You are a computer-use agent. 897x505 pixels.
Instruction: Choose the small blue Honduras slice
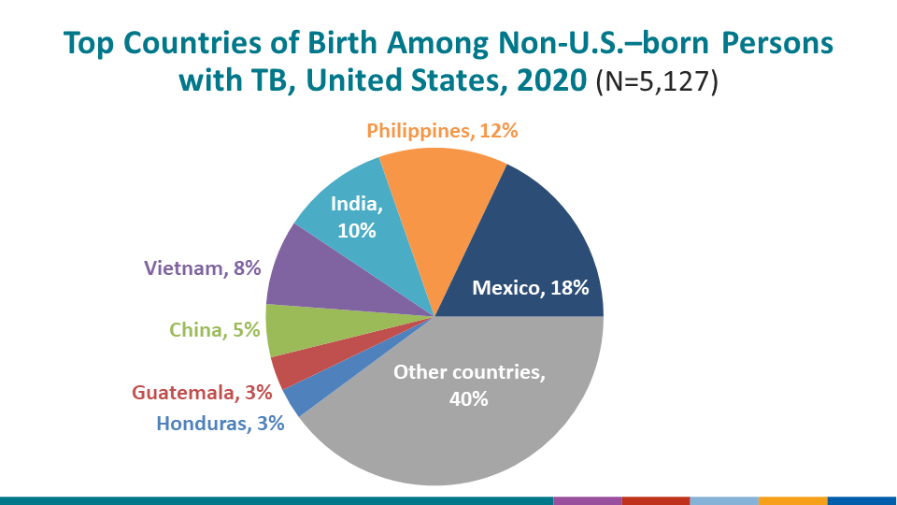pyautogui.click(x=297, y=397)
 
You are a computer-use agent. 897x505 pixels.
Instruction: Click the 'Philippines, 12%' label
pyautogui.click(x=442, y=131)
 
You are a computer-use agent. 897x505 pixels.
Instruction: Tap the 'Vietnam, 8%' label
pyautogui.click(x=201, y=269)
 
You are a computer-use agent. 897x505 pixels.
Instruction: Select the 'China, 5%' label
pyautogui.click(x=214, y=329)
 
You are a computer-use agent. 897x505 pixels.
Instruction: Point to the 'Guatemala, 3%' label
pyautogui.click(x=202, y=393)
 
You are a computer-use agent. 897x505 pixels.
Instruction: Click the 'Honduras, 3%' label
pyautogui.click(x=220, y=423)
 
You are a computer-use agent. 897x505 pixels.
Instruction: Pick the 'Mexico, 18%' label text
pyautogui.click(x=530, y=288)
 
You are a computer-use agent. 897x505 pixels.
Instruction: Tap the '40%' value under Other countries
pyautogui.click(x=468, y=397)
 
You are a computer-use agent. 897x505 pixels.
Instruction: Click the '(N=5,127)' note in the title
pyautogui.click(x=657, y=82)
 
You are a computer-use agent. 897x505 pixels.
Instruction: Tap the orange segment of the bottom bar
pyautogui.click(x=792, y=500)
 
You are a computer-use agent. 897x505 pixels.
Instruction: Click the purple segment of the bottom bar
pyautogui.click(x=587, y=500)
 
